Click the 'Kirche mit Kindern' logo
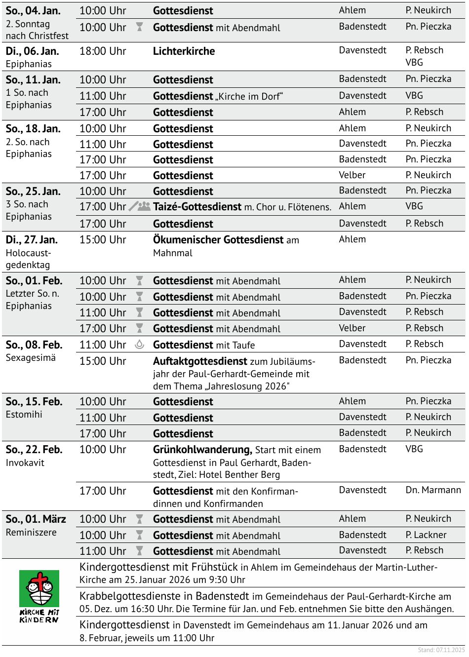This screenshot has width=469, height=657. pyautogui.click(x=39, y=596)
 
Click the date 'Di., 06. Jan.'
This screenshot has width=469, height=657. pyautogui.click(x=32, y=51)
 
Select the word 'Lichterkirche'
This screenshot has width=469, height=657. pyautogui.click(x=184, y=51)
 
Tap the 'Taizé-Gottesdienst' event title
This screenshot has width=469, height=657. pyautogui.click(x=197, y=207)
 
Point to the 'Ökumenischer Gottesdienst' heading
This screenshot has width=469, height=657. pyautogui.click(x=218, y=240)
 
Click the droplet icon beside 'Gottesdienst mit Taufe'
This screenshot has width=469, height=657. pyautogui.click(x=139, y=345)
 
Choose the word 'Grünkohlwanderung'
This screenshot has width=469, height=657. pyautogui.click(x=202, y=450)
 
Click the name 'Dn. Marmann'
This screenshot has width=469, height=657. pyautogui.click(x=433, y=490)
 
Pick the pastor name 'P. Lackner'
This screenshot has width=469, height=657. pyautogui.click(x=426, y=535)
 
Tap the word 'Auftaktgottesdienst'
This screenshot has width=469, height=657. pyautogui.click(x=200, y=361)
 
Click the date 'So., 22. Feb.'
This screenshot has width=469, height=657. pyautogui.click(x=34, y=450)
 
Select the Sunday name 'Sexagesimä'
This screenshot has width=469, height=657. pyautogui.click(x=31, y=358)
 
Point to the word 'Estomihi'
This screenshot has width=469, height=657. pyautogui.click(x=24, y=415)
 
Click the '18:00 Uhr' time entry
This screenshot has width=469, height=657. pyautogui.click(x=103, y=51)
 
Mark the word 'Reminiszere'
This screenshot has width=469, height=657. pyautogui.click(x=31, y=533)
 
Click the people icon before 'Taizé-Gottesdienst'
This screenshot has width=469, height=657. pyautogui.click(x=144, y=206)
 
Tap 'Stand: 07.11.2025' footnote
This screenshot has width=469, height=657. pyautogui.click(x=441, y=650)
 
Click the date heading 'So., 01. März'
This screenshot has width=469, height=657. pyautogui.click(x=36, y=519)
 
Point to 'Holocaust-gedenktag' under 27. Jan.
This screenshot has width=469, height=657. pyautogui.click(x=28, y=259)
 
